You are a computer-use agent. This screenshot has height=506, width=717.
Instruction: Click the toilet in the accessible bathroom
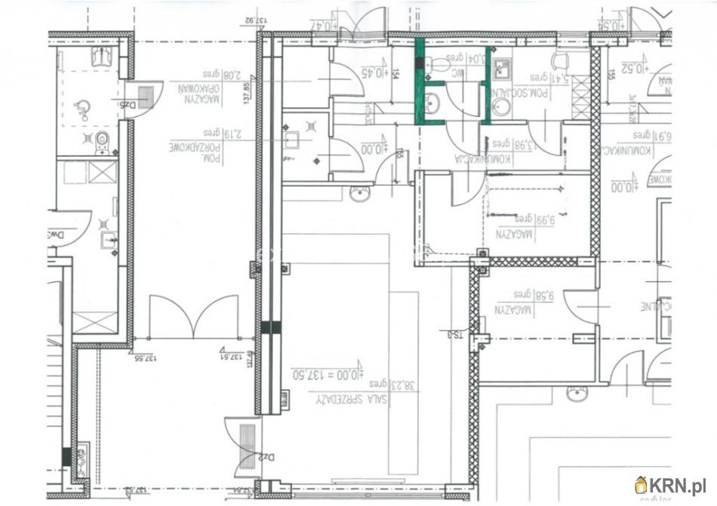pyautogui.click(x=101, y=140)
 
